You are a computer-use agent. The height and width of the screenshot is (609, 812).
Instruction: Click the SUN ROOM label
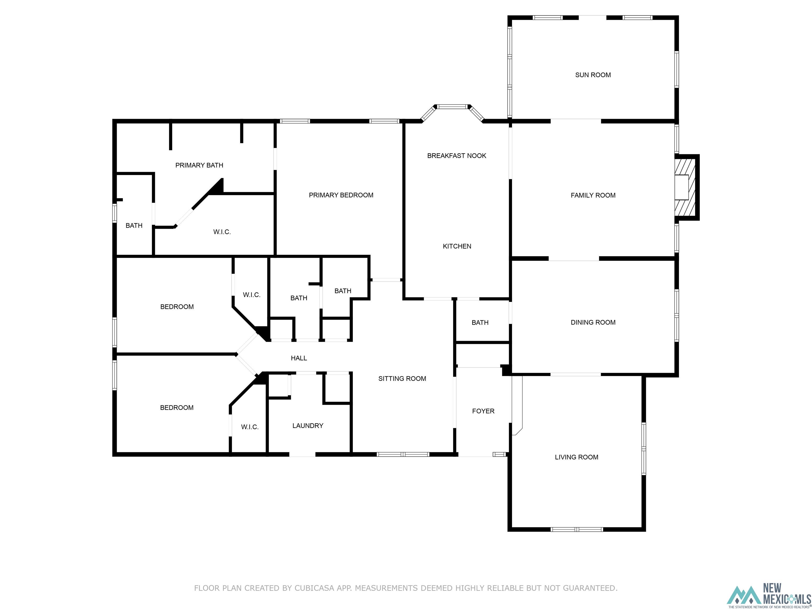(593, 75)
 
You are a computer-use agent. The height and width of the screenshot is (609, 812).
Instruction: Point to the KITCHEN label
(457, 246)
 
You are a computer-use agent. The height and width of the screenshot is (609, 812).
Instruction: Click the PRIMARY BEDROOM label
(341, 195)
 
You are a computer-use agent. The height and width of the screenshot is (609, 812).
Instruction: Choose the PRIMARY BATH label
(199, 165)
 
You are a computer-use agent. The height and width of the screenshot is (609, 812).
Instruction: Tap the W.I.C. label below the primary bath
(222, 232)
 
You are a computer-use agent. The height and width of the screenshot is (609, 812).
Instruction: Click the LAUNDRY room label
(308, 426)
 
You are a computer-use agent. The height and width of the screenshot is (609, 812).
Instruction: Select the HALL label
(298, 358)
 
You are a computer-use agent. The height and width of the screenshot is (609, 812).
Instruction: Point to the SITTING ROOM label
(402, 379)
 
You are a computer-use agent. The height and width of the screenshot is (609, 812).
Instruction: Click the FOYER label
(483, 411)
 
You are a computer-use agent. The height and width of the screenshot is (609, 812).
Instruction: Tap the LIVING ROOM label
(576, 457)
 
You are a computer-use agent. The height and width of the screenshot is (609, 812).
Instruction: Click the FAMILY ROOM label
(593, 195)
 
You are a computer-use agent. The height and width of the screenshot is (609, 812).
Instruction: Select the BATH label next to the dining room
(480, 323)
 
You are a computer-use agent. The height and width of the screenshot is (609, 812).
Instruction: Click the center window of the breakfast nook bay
(452, 107)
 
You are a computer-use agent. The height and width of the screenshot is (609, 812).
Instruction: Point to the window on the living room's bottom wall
(577, 529)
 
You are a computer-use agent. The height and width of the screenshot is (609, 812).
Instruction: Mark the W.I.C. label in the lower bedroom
(250, 427)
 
